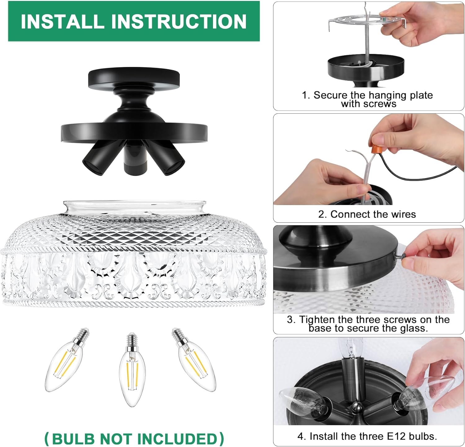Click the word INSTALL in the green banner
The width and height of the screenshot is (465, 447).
tap(62, 21)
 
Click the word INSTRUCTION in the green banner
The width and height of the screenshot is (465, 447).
tap(179, 21)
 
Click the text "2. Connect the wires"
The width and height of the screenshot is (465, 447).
tap(367, 214)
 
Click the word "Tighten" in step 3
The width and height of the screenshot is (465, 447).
tap(317, 319)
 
